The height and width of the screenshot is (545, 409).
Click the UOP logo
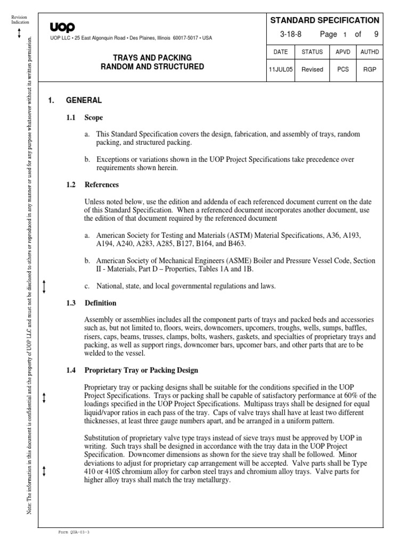click(63, 27)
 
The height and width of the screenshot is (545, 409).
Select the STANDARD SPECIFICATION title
click(325, 20)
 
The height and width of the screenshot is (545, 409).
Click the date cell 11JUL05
click(280, 70)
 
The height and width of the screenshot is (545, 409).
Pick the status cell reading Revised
click(312, 70)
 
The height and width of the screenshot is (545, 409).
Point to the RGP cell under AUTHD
click(369, 70)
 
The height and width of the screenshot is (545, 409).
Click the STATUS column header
click(312, 52)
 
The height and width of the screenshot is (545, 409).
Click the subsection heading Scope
click(93, 118)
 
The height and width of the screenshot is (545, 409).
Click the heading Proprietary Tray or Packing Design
click(141, 370)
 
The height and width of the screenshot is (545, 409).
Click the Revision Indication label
click(20, 20)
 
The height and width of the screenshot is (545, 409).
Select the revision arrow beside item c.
click(45, 287)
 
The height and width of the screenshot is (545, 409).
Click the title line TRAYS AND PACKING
click(152, 57)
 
